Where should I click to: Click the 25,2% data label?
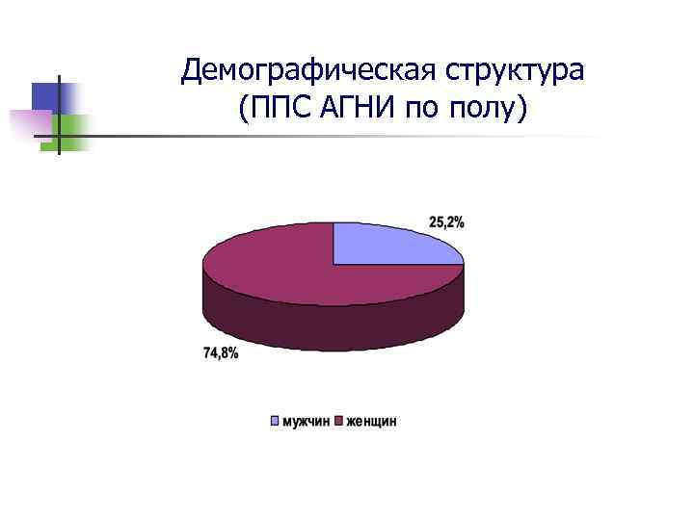(x=446, y=222)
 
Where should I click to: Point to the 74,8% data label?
(x=221, y=353)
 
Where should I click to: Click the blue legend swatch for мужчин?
(x=275, y=421)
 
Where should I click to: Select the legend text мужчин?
(x=306, y=421)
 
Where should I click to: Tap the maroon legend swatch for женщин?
(x=339, y=421)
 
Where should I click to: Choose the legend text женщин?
(x=371, y=421)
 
